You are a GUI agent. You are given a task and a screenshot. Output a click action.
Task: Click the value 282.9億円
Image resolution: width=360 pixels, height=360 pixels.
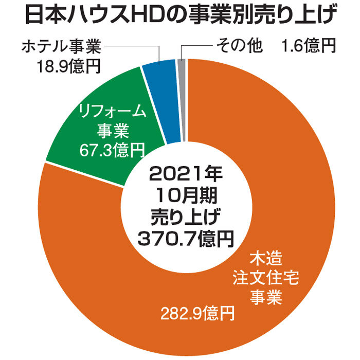197,312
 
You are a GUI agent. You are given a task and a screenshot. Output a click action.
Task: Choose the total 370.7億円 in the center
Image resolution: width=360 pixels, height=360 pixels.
185,238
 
